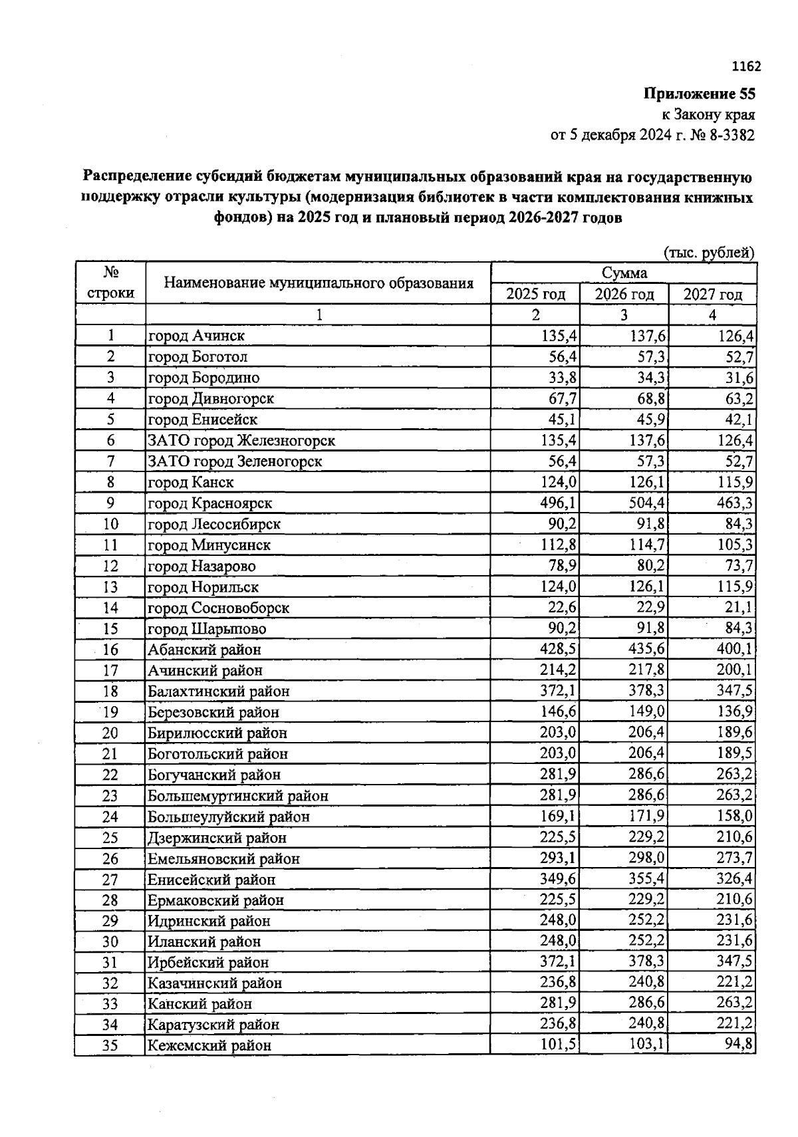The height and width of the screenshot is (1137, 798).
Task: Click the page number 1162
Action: [745, 66]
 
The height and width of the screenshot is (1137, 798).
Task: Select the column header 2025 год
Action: [535, 294]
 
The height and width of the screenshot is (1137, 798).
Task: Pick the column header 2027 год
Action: [712, 294]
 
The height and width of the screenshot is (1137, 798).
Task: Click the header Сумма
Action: [624, 273]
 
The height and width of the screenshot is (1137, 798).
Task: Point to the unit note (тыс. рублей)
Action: [709, 253]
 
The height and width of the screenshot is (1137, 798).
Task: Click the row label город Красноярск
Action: [209, 503]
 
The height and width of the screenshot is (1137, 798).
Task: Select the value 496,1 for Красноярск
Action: [559, 503]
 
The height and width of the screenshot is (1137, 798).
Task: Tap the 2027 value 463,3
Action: [735, 503]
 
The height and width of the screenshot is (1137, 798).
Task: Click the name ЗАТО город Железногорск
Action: [241, 441]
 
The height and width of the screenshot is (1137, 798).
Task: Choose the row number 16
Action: [110, 650]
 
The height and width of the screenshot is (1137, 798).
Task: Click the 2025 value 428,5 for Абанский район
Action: [559, 650]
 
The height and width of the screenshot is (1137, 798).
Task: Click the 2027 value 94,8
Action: [739, 1045]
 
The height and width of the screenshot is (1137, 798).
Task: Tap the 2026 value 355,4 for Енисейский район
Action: [647, 880]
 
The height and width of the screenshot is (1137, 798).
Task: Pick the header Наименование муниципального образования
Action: [318, 284]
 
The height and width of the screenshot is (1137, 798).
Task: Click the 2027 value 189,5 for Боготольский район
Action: [735, 754]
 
